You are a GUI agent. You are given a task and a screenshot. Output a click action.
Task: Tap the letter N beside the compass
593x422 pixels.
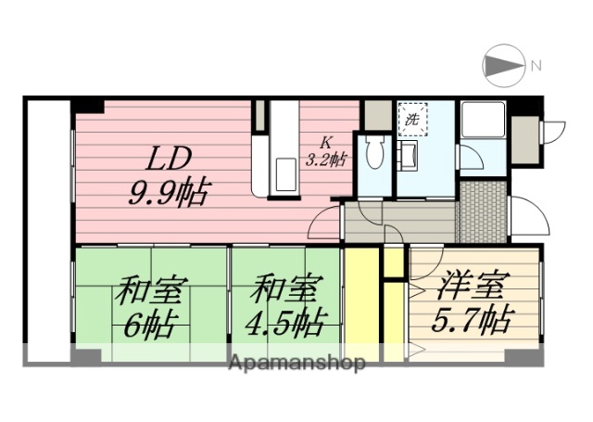pyautogui.click(x=536, y=66)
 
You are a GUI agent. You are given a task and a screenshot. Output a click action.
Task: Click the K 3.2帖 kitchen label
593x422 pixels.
pyautogui.click(x=326, y=150)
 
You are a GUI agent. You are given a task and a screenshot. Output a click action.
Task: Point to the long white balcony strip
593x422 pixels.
pyautogui.click(x=47, y=232)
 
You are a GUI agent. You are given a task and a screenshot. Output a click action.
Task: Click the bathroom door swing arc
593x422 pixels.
pyautogui.click(x=470, y=158)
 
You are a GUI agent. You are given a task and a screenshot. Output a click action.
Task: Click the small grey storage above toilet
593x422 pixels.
pyautogui.click(x=375, y=115)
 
